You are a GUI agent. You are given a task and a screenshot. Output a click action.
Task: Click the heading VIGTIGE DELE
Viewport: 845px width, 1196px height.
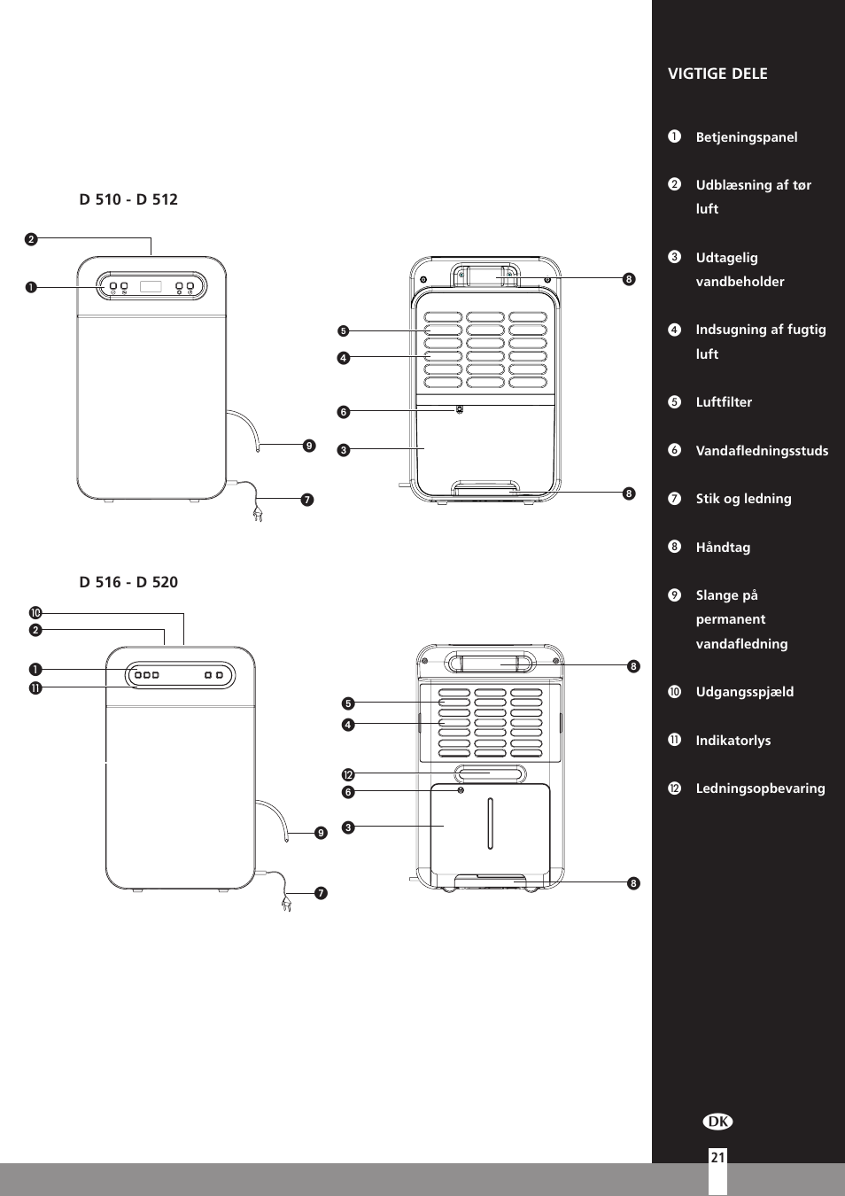[717, 74]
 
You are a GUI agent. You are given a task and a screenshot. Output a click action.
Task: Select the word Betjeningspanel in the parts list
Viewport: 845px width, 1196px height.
[746, 137]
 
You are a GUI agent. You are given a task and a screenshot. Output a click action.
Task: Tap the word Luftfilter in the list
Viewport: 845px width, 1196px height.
[724, 402]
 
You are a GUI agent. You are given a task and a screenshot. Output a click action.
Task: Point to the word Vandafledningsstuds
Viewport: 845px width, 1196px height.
[762, 451]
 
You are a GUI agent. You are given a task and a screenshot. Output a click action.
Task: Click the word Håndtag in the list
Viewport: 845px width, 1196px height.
[723, 548]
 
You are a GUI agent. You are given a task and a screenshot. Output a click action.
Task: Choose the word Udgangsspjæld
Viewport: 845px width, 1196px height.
[744, 692]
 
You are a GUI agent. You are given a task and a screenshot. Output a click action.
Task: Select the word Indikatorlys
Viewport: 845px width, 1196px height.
[733, 741]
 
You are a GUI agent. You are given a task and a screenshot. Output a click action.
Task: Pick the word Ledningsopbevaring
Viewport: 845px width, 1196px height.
[760, 788]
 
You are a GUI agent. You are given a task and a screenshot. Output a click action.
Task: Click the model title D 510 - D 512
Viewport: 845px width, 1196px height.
[128, 199]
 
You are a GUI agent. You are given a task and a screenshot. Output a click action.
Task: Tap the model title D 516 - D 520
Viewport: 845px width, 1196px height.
[128, 582]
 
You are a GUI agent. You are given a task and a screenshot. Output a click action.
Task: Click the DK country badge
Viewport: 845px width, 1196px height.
[718, 1122]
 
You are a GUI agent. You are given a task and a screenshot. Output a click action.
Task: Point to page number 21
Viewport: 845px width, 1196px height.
[717, 1157]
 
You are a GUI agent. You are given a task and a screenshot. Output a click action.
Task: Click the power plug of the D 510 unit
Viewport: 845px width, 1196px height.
[258, 513]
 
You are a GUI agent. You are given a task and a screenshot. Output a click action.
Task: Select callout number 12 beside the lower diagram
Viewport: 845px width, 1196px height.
[348, 775]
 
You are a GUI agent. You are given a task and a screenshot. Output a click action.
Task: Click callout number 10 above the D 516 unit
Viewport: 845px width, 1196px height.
[35, 613]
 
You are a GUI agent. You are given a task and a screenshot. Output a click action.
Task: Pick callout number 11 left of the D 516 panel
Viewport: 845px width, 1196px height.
[35, 687]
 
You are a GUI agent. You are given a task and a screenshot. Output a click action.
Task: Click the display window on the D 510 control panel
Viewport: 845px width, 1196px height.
[151, 286]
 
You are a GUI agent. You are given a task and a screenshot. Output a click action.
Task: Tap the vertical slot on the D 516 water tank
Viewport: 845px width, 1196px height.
[490, 823]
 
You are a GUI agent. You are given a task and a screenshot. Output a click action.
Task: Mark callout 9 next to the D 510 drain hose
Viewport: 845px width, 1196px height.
[309, 446]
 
